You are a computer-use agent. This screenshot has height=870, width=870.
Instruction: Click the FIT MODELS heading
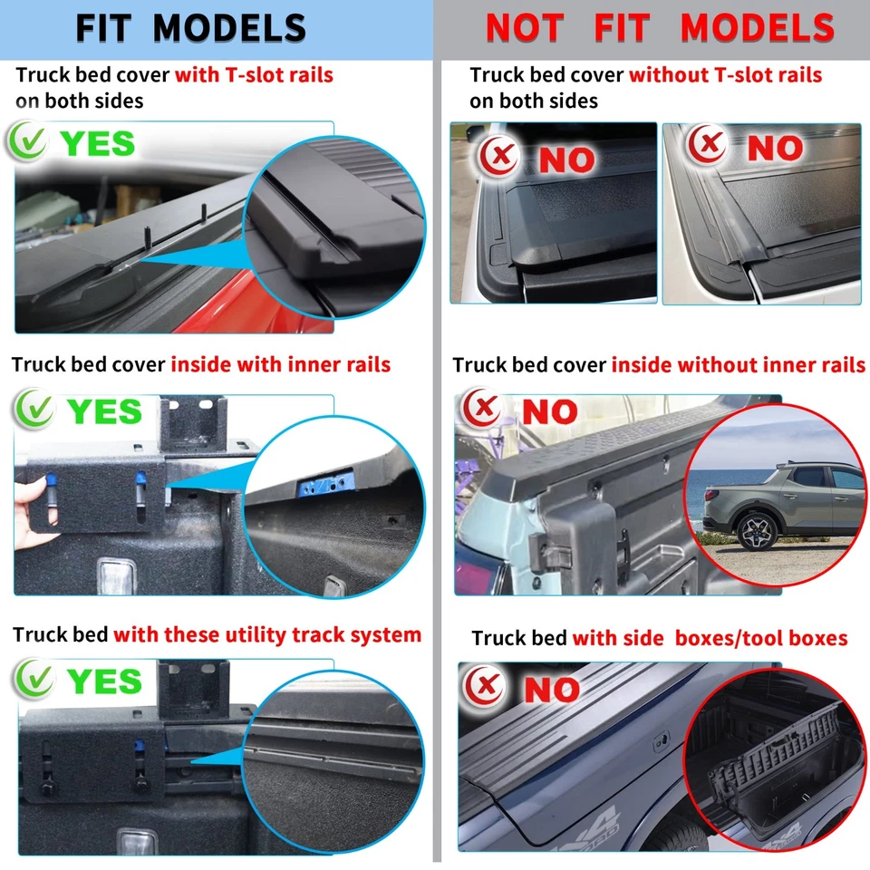(190, 28)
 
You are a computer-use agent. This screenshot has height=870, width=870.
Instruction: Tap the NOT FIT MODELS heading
(659, 28)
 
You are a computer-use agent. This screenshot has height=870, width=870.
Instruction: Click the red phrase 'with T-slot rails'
(254, 75)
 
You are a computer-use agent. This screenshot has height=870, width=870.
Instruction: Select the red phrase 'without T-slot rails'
(725, 75)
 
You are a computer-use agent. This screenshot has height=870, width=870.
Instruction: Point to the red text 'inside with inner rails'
(280, 364)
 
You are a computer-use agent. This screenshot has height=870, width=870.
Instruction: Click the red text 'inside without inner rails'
(738, 365)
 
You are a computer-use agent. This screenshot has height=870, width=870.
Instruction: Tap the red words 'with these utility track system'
(267, 634)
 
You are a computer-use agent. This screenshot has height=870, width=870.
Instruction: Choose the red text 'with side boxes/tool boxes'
(710, 638)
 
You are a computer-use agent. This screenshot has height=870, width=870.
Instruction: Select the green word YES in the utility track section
(103, 681)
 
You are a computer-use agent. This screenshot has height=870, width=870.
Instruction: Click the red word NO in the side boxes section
(551, 691)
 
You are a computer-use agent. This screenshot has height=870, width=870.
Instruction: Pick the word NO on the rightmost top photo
(776, 149)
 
